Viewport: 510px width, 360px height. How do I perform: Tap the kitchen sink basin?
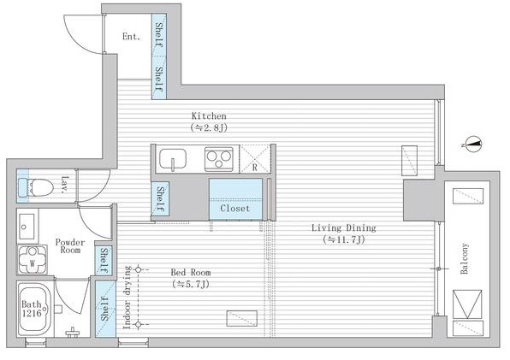pos(173,159)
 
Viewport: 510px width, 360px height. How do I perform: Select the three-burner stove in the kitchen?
pos(219,159)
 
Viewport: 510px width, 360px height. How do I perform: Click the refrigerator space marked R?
pos(255,159)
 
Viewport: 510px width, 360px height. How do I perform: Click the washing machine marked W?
pos(33,260)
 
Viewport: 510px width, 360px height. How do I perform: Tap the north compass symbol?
pos(473,145)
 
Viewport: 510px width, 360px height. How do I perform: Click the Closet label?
pos(235,209)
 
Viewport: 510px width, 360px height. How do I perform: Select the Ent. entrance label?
pos(132,37)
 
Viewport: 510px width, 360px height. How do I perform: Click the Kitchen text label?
pos(209,116)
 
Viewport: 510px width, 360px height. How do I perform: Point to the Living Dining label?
pos(344,227)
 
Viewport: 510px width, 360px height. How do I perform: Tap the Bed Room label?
pos(191,272)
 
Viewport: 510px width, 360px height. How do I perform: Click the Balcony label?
pos(465,258)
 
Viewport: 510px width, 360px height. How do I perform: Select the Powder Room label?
pos(70,246)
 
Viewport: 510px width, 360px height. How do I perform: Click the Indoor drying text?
pos(127,298)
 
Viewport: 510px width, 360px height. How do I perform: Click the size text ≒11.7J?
pos(344,239)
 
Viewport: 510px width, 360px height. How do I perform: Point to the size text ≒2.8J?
pos(209,127)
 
